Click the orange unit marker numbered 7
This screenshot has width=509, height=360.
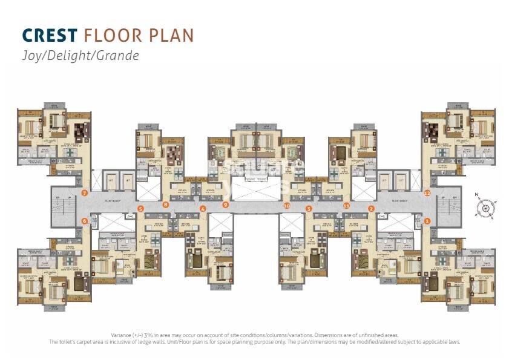[x=85, y=193]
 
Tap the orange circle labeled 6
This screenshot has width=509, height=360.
[x=85, y=221]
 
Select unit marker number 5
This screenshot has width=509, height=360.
[x=140, y=209]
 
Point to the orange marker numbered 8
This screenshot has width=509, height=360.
[x=166, y=205]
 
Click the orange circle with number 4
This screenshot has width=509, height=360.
[x=203, y=209]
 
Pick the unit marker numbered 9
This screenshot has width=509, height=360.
[x=226, y=205]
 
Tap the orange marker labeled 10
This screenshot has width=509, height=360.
[x=287, y=205]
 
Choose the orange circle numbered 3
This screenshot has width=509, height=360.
[x=309, y=209]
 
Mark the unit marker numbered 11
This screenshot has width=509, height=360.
[x=346, y=205]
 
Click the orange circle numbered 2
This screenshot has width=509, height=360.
[x=371, y=209]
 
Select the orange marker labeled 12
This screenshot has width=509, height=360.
[x=427, y=193]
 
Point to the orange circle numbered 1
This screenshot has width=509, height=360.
[x=427, y=221]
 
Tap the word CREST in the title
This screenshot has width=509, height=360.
[x=51, y=35]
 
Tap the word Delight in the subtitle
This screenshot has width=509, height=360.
[x=72, y=56]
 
